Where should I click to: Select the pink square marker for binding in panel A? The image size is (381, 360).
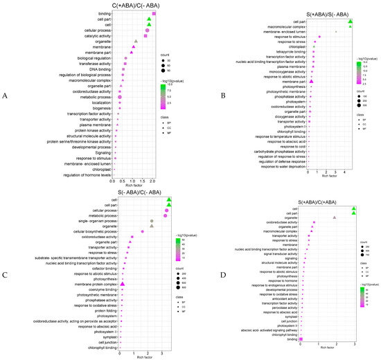pos(154,13)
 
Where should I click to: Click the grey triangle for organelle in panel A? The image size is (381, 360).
pos(136,41)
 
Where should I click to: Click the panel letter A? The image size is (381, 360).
pos(6,96)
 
